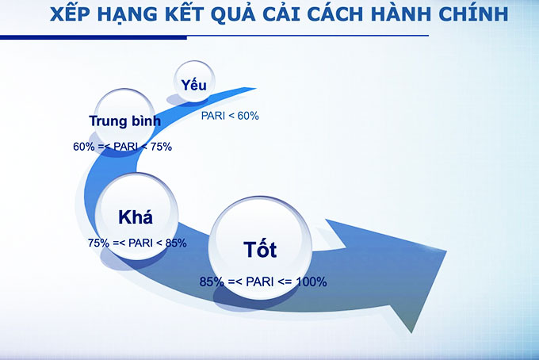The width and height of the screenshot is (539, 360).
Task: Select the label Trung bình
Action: [x=124, y=121]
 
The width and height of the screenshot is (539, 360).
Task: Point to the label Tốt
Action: [x=260, y=250]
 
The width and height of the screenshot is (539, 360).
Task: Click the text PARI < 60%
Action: [x=230, y=116]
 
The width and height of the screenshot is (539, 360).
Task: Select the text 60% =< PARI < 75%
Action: [x=122, y=147]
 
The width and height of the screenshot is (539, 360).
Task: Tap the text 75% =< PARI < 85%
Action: [x=137, y=243]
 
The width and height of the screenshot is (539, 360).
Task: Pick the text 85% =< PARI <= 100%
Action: [x=263, y=281]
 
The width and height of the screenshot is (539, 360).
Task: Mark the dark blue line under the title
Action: [x=214, y=36]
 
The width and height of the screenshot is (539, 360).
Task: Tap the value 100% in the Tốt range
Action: [x=312, y=281]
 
